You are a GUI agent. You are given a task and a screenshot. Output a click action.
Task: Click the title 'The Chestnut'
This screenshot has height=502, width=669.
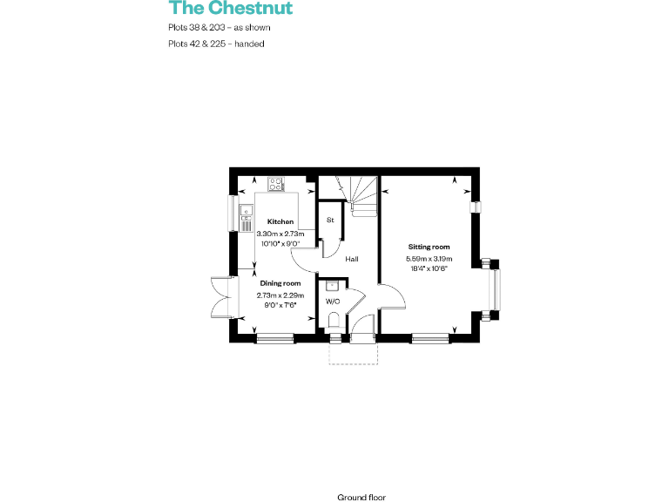[230, 9]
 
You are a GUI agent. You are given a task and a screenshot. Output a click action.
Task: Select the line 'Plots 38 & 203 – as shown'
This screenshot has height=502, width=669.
[220, 27]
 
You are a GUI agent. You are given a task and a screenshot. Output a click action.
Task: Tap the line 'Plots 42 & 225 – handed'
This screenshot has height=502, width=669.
[216, 43]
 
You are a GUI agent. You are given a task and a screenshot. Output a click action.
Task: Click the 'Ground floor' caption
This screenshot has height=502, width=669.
[361, 497]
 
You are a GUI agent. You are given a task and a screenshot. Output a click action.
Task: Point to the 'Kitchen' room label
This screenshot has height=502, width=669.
[280, 221]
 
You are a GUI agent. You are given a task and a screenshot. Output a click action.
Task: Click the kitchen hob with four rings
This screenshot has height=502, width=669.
[278, 184]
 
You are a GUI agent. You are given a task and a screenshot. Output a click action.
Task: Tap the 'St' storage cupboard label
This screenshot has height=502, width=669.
[330, 220]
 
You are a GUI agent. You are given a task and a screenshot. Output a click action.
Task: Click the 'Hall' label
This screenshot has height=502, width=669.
[352, 259]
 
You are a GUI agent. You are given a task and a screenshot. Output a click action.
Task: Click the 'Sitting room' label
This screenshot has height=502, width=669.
[428, 248]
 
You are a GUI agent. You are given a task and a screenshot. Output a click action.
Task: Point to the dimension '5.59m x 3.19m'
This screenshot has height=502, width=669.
[428, 259]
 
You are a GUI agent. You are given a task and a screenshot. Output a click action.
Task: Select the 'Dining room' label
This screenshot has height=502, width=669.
[280, 283]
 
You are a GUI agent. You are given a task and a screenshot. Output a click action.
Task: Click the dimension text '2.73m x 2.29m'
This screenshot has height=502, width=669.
[280, 295]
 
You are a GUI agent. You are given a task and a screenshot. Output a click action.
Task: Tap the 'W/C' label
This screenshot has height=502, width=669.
[332, 302]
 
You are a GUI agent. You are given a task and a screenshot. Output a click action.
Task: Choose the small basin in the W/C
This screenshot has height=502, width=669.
[332, 285]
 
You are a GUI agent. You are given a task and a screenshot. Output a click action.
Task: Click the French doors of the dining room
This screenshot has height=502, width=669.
[220, 297]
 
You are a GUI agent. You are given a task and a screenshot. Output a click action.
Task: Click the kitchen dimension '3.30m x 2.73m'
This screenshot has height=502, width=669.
[280, 234]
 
